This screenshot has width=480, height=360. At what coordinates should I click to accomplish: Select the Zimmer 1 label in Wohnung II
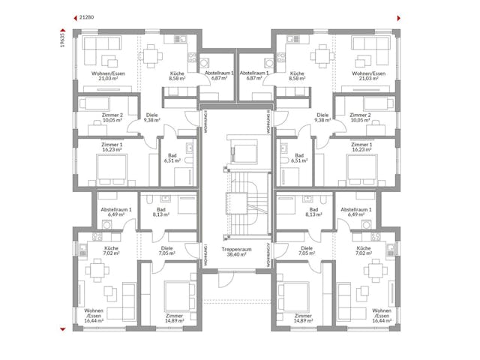tap(111, 145)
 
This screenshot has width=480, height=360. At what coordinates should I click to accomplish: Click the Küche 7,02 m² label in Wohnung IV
tap(364, 251)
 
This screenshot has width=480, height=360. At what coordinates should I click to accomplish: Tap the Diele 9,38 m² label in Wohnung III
tap(323, 116)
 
